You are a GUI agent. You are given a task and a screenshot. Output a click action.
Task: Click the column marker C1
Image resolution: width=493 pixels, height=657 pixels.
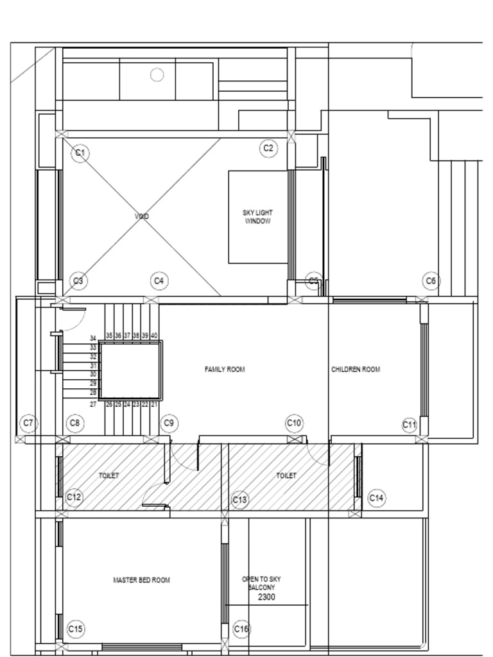[x=80, y=153]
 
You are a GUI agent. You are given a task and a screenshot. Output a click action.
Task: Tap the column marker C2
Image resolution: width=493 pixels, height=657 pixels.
[x=268, y=148]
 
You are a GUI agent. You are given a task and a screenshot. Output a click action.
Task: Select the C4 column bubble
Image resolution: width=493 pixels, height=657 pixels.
[x=159, y=281]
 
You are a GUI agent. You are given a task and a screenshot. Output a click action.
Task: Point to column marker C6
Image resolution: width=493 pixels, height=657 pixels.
[x=431, y=281]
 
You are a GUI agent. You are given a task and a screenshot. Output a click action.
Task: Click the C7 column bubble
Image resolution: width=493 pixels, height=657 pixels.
[x=28, y=423]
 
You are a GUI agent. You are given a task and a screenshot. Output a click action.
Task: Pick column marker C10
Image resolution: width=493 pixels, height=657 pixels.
[x=294, y=423]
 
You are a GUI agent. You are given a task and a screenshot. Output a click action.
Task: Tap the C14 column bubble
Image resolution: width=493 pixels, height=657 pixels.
[x=376, y=498]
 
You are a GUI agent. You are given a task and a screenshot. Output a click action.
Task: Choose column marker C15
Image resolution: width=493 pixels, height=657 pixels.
[x=76, y=629]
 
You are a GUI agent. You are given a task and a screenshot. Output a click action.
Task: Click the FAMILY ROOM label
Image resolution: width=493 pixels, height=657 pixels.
[x=225, y=370]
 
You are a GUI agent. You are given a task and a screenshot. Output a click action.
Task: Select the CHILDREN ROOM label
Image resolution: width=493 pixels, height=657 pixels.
[x=356, y=370]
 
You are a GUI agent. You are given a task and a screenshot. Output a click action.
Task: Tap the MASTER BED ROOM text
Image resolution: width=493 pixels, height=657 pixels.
[x=141, y=580]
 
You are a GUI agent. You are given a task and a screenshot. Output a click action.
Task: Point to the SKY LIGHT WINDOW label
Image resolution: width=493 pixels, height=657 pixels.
[x=257, y=217]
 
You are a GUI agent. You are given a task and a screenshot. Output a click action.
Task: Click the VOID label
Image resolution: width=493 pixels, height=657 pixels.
[x=142, y=217]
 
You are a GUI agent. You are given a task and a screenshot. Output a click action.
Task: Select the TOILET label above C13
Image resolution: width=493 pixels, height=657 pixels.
[x=286, y=475]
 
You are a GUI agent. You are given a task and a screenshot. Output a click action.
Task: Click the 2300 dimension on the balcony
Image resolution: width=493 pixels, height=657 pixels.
[x=266, y=597]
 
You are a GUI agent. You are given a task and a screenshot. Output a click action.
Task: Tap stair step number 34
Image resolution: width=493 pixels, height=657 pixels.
[x=93, y=338]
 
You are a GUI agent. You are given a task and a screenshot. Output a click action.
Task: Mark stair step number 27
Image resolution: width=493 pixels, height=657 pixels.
[x=93, y=404]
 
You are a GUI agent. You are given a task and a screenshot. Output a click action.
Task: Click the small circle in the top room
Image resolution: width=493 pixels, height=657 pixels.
[x=157, y=75]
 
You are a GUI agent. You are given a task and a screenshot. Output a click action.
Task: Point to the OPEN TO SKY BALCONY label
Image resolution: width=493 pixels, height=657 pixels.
[x=261, y=583]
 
